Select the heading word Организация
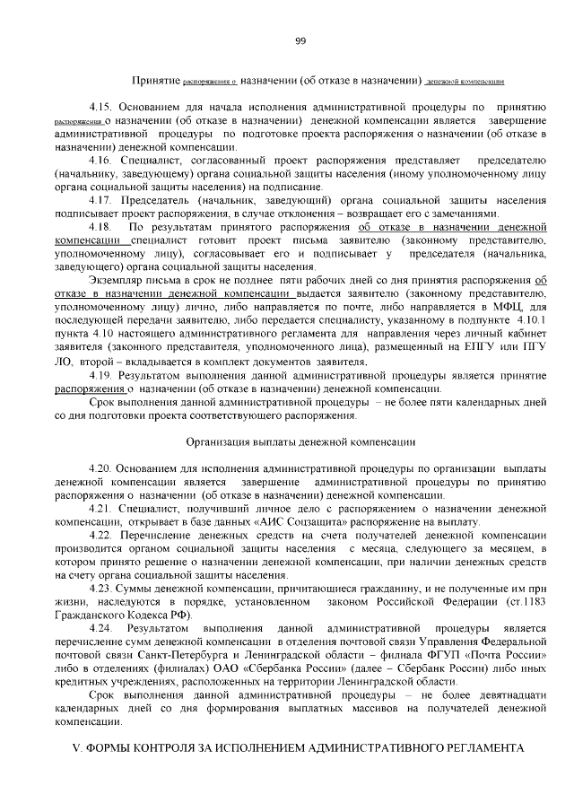tap(220, 441)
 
